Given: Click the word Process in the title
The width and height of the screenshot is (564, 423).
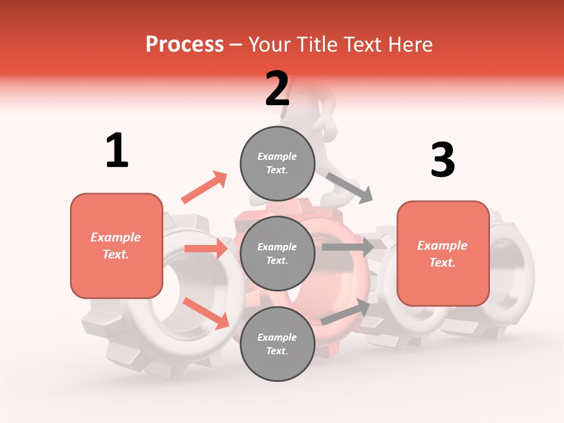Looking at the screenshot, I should (x=184, y=45).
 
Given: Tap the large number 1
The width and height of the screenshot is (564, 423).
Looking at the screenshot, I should (x=117, y=150).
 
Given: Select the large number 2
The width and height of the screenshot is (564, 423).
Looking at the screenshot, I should (x=277, y=89).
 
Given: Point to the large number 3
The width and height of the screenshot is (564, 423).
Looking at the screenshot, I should (x=442, y=160).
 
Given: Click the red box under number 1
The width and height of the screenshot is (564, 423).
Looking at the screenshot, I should (x=116, y=246).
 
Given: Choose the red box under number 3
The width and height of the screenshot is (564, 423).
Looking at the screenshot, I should (x=443, y=253).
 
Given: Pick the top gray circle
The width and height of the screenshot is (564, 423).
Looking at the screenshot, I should (x=277, y=163).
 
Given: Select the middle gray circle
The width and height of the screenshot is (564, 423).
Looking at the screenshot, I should (x=277, y=253).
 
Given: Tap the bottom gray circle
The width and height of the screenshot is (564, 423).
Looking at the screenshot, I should (x=277, y=344).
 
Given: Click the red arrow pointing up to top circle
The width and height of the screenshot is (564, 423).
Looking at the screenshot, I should (x=204, y=187).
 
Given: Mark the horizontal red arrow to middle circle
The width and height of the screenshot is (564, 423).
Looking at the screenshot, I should (x=206, y=249).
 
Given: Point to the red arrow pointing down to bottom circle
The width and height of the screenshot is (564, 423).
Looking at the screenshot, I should (x=206, y=313).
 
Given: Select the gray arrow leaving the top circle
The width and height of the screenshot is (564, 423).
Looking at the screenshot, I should (x=350, y=187).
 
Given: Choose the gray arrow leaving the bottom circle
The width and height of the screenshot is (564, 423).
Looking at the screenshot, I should (x=346, y=311).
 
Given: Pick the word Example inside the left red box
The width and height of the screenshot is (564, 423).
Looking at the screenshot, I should (x=116, y=237).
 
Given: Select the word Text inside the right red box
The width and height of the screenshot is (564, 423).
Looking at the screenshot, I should (x=442, y=263).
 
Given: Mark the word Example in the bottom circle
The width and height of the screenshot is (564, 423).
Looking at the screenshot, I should (x=277, y=337).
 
